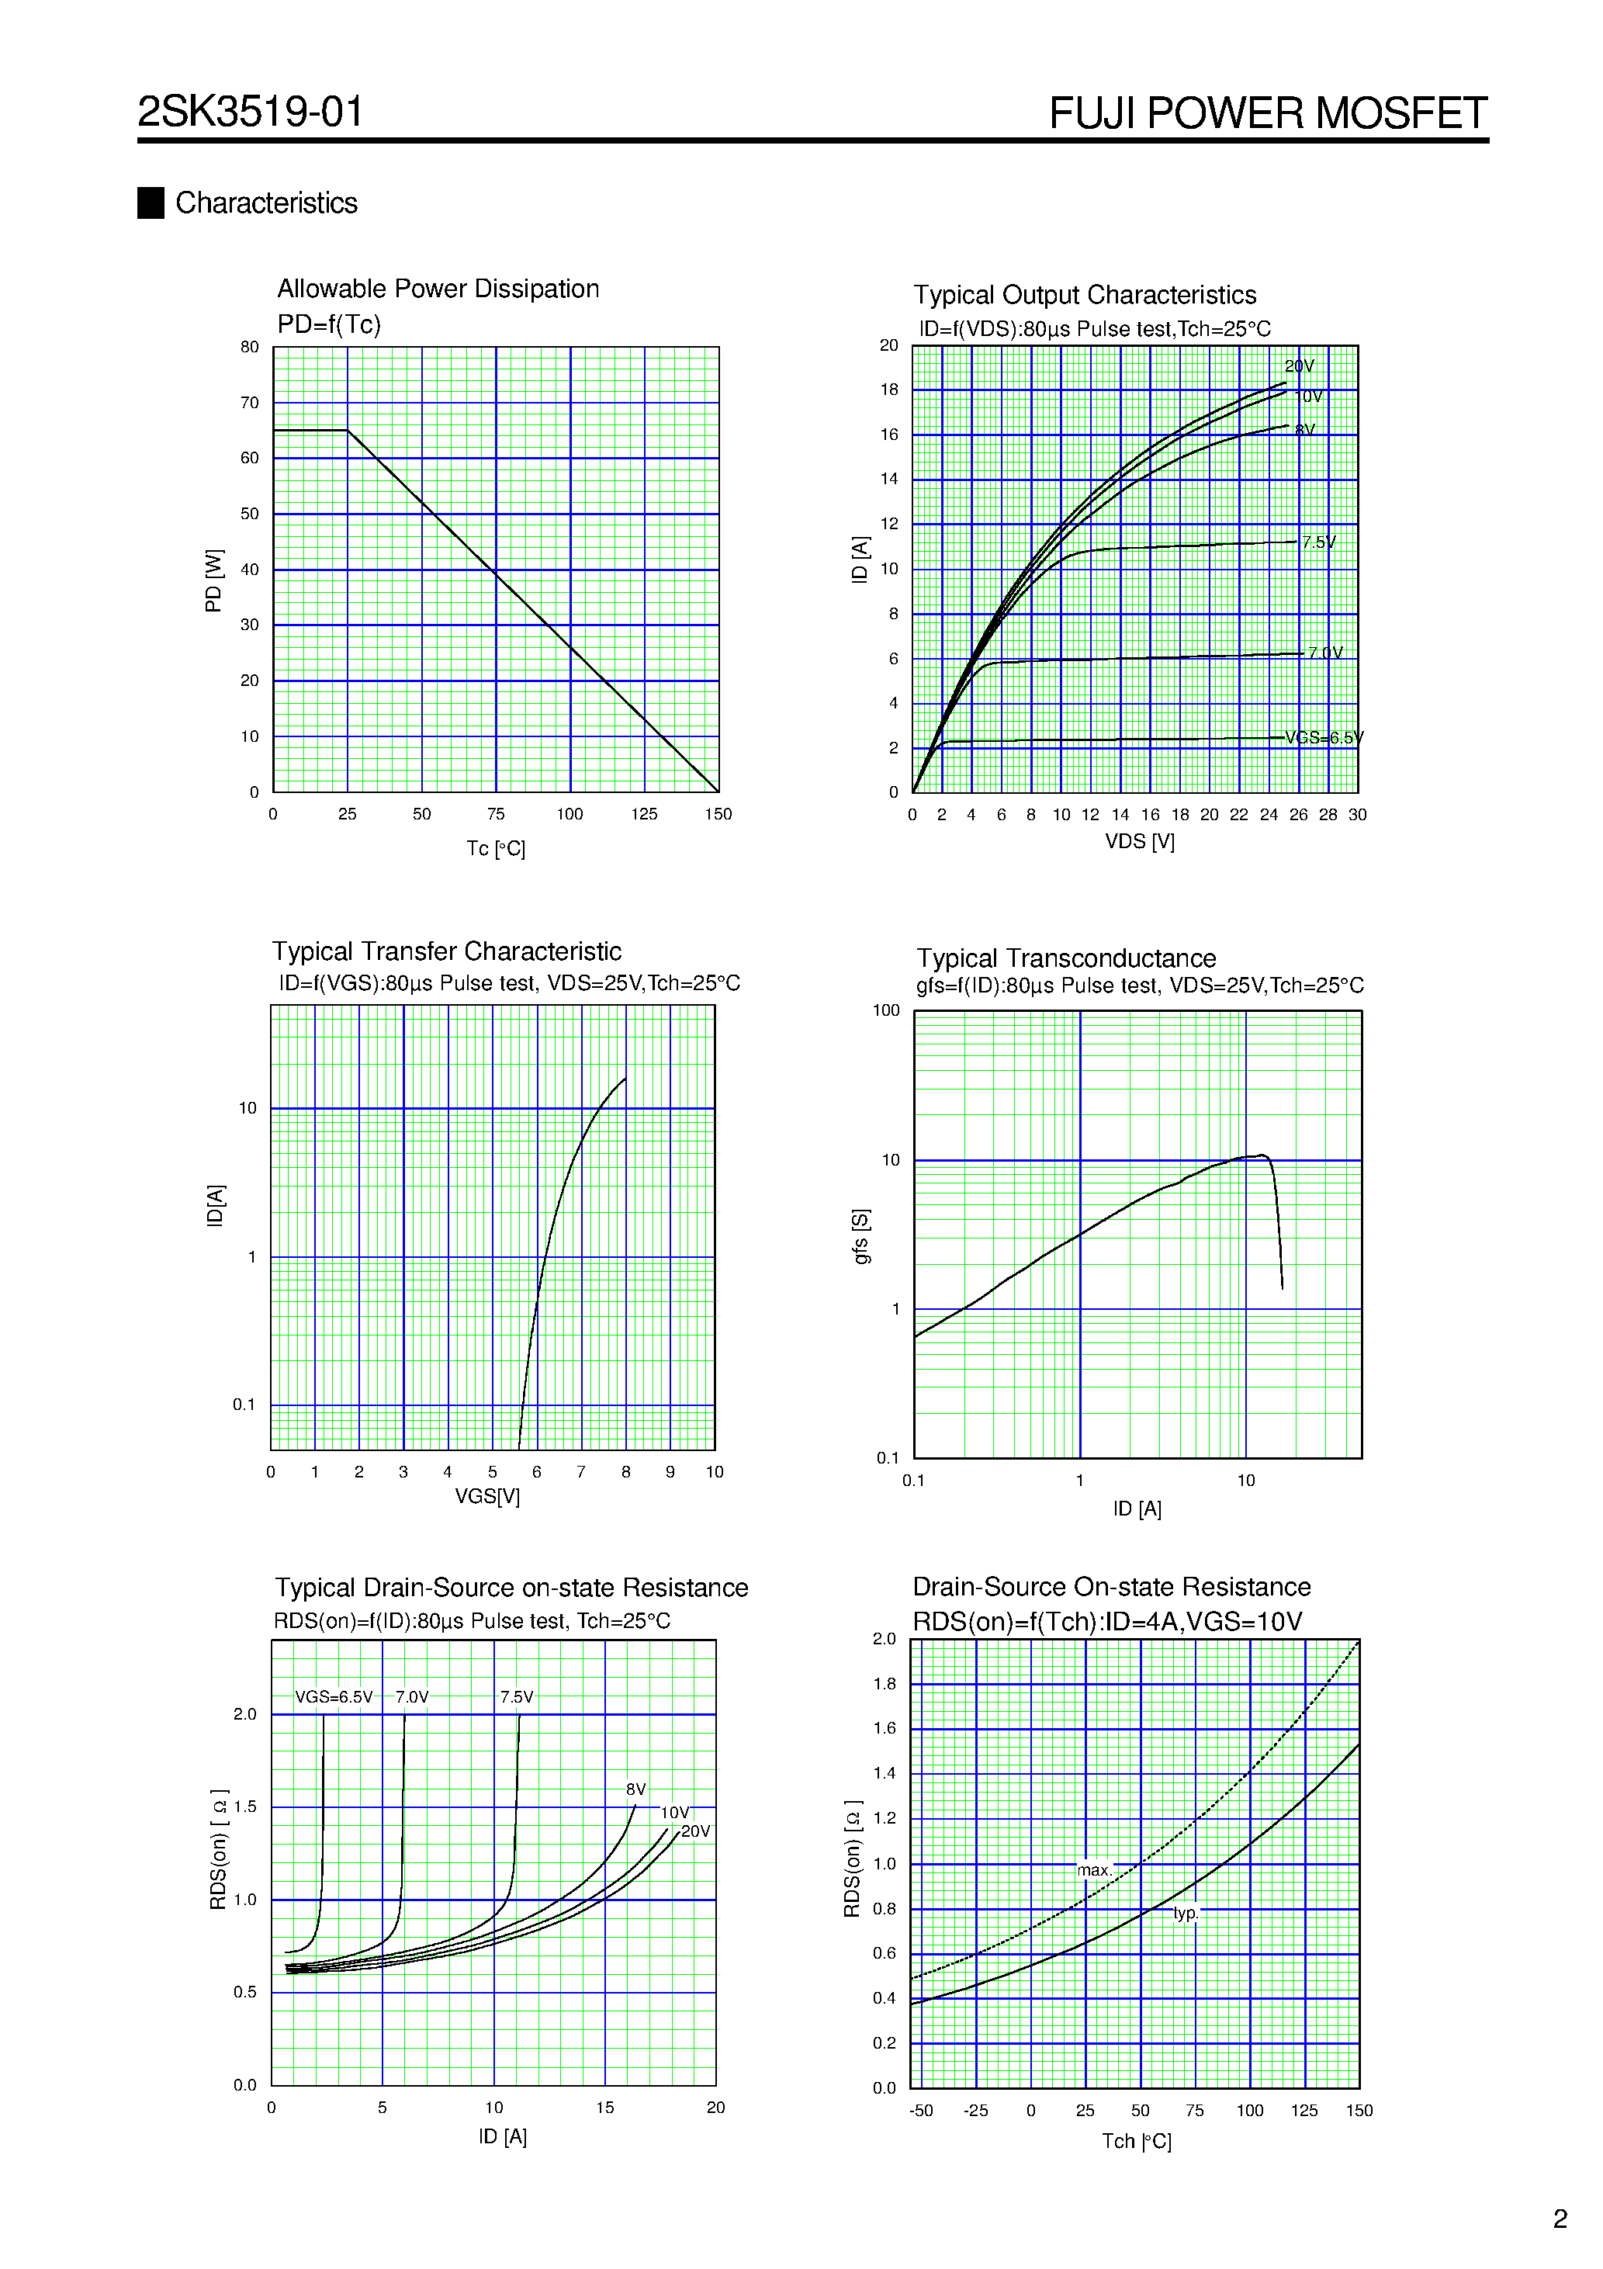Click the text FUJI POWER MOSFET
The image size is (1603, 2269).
[x=1267, y=113]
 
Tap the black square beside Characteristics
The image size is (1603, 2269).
[x=151, y=203]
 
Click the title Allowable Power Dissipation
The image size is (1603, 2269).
[x=438, y=289]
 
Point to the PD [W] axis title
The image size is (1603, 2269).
[x=213, y=581]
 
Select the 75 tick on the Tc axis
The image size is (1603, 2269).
[x=496, y=814]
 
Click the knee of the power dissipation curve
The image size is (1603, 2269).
[x=347, y=430]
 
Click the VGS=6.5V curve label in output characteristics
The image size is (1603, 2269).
[x=1324, y=738]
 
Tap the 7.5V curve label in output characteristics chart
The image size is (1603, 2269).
[x=1318, y=542]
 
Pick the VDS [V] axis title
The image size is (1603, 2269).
[x=1140, y=841]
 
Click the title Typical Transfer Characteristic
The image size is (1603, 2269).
[x=447, y=951]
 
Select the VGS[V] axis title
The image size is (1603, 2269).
[x=487, y=1496]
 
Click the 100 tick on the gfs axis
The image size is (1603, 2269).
[x=885, y=1010]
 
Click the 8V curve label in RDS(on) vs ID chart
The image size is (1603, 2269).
[x=635, y=1789]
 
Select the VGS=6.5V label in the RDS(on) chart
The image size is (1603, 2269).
[x=334, y=1698]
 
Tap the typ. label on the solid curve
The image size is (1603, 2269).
[x=1186, y=1914]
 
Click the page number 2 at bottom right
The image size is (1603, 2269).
[x=1560, y=2219]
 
